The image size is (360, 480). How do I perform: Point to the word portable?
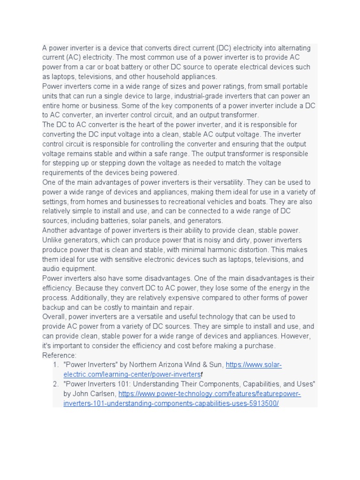tap(295, 87)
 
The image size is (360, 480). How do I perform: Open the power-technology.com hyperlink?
tap(209, 394)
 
